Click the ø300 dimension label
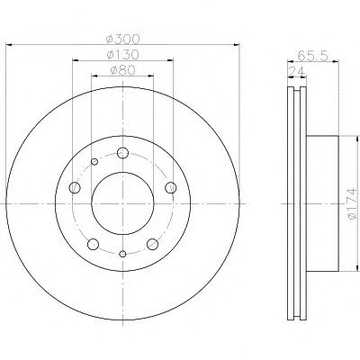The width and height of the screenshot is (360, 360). point(123,39)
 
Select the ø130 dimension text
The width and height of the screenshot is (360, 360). point(123,55)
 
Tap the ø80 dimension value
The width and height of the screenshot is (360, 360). point(123,70)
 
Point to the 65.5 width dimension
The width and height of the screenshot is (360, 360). point(313,56)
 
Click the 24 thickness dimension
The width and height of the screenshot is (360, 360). point(296,72)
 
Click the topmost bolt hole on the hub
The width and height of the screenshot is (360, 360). point(122,153)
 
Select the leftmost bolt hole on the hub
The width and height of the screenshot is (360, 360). point(75,188)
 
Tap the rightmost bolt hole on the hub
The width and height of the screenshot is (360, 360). point(171,188)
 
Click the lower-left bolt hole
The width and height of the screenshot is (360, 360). point(94,244)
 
